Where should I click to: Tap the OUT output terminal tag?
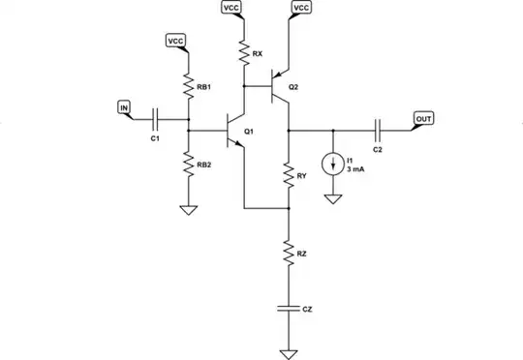click(424, 118)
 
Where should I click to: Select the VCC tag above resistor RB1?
click(176, 42)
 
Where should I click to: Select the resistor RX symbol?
click(243, 54)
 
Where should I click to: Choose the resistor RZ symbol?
click(289, 254)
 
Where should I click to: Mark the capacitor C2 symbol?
click(379, 129)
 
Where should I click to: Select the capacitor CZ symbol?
click(289, 308)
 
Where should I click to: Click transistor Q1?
click(235, 131)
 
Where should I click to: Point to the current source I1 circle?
click(334, 164)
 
